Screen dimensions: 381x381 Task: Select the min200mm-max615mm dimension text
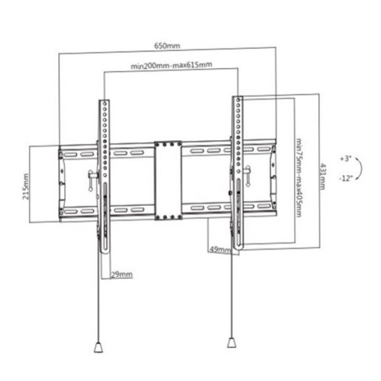171,65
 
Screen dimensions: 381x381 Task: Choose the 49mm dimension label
220,249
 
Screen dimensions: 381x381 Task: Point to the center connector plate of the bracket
167,180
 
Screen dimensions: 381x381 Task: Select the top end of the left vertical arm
104,103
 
